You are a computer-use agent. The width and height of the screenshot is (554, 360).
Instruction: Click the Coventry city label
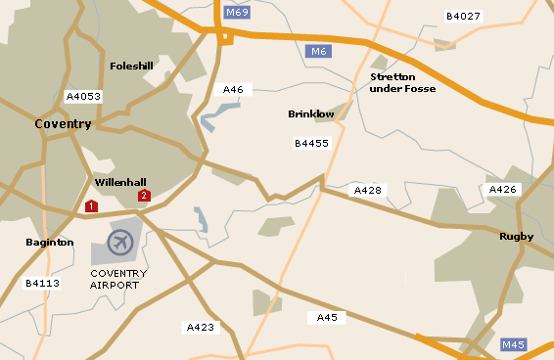(63, 124)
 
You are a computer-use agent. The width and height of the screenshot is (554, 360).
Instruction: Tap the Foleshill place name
(132, 67)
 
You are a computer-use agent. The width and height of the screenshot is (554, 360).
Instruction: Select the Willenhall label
(120, 182)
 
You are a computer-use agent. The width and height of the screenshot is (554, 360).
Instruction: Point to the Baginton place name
(49, 242)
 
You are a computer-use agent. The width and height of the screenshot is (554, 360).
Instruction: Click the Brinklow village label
(311, 114)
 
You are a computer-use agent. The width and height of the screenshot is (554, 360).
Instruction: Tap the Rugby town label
(516, 236)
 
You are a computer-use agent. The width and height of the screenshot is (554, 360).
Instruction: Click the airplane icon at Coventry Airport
(120, 242)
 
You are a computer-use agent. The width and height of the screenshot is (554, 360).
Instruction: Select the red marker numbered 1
(91, 206)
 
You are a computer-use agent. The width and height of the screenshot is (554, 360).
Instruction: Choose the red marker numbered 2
(144, 196)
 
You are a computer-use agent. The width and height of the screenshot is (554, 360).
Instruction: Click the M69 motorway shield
(236, 13)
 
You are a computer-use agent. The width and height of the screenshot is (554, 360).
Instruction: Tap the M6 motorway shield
(316, 51)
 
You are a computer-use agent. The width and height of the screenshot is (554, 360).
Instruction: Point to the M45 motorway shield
(513, 344)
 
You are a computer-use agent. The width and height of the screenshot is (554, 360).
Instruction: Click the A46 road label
(233, 90)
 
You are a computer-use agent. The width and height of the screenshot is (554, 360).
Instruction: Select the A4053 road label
(83, 97)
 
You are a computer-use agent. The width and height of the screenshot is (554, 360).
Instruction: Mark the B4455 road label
(311, 143)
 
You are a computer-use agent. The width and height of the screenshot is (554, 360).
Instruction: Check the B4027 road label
(463, 17)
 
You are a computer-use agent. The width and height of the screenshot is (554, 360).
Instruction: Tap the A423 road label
(201, 327)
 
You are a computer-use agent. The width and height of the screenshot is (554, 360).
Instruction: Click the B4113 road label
(42, 283)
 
